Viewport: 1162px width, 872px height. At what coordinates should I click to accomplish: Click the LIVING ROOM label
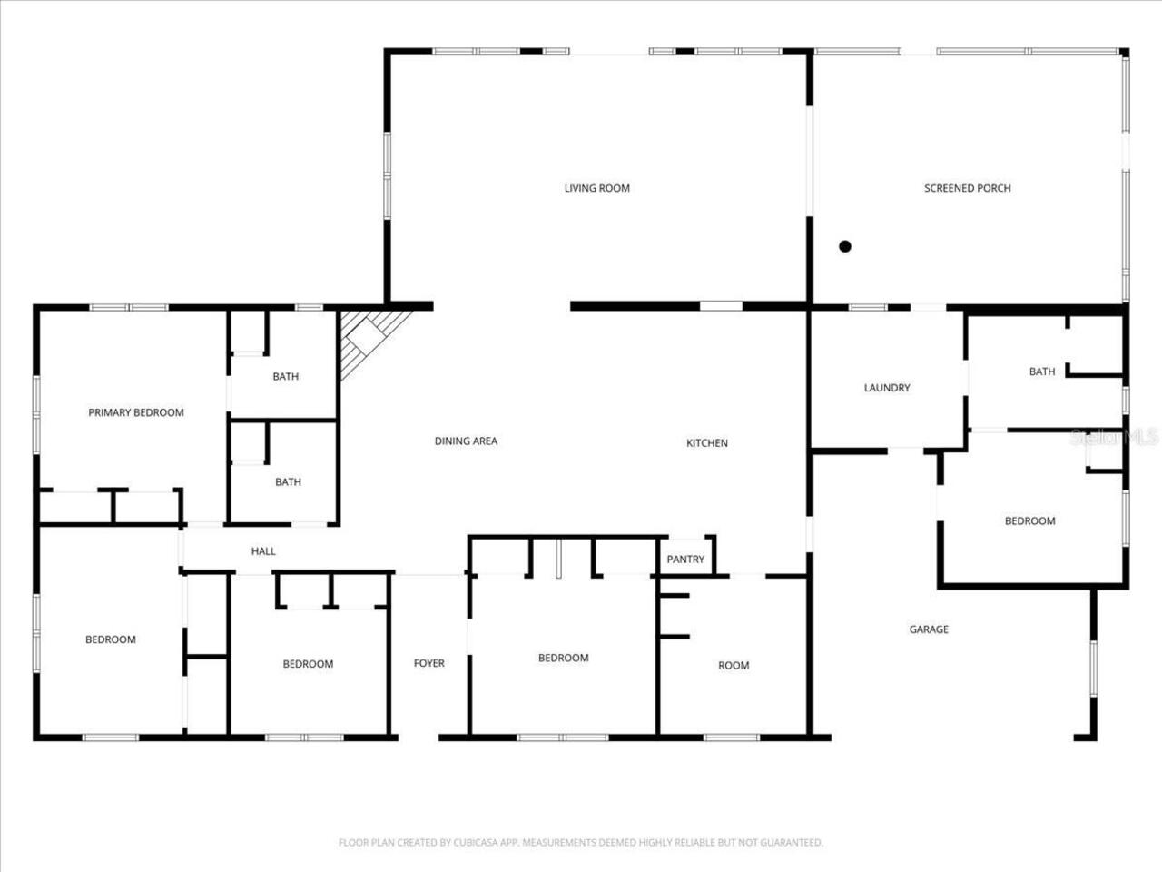pos(596,188)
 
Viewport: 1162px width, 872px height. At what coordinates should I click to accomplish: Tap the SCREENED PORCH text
pos(967,188)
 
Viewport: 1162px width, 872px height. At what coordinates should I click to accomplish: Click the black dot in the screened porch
pos(845,246)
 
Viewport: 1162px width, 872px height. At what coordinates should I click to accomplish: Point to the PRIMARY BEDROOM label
pos(136,412)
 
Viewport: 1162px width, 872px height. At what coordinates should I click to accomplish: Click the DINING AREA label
pos(466,441)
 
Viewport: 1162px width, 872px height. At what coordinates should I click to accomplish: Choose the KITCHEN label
pos(706,443)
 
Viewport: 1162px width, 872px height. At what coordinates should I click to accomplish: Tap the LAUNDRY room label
pos(886,388)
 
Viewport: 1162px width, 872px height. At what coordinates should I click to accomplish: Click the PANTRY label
pos(685,560)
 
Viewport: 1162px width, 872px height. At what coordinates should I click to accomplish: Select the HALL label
pos(263,551)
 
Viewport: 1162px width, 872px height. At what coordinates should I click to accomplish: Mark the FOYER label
pos(429,663)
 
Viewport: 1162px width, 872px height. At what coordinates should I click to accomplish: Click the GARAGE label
pos(929,629)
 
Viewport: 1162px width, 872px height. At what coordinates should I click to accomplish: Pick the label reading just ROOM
pos(734,666)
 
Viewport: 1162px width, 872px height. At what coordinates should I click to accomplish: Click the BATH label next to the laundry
pos(1042,372)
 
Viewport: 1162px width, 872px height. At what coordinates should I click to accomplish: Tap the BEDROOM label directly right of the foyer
pos(563,658)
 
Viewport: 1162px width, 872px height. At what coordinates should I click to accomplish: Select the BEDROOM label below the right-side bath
pos(1029,521)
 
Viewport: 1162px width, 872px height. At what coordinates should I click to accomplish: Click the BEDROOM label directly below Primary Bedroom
pos(111,639)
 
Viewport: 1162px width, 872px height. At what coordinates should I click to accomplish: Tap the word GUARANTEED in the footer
pos(791,843)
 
